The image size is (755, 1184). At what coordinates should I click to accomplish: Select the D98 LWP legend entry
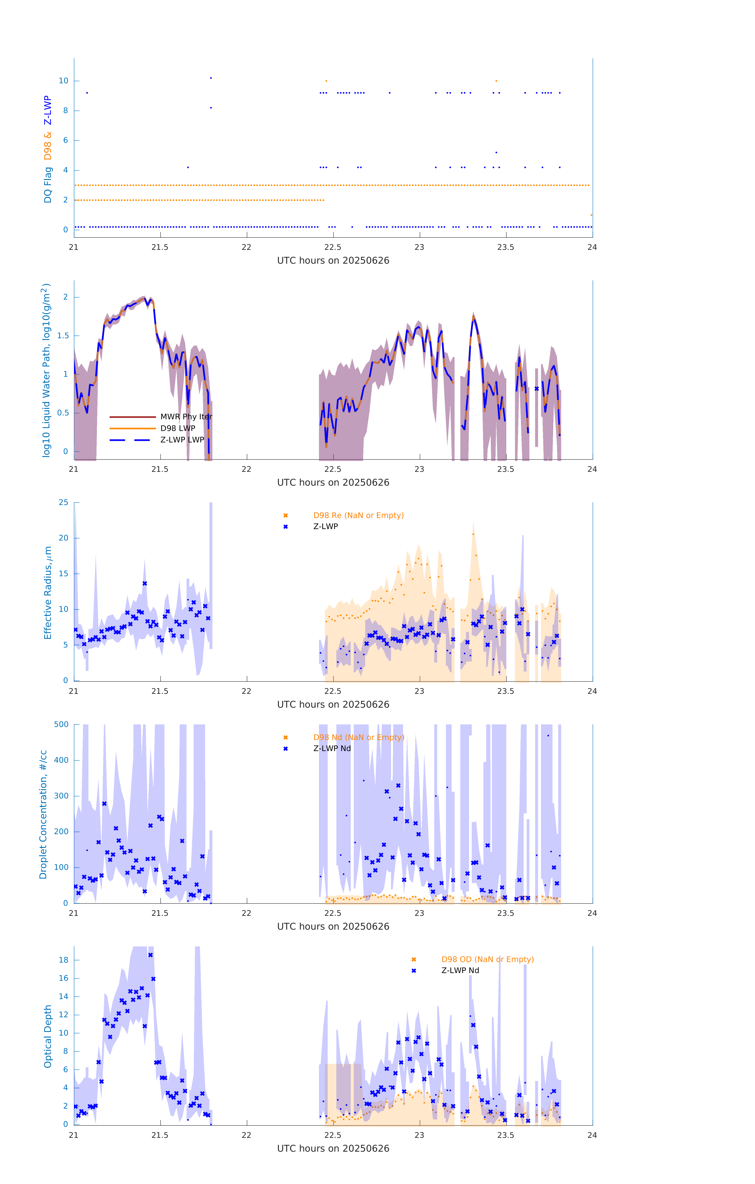click(178, 428)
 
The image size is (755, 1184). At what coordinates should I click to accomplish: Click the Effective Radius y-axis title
click(48, 592)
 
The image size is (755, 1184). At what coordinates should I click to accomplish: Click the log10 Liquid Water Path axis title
click(46, 370)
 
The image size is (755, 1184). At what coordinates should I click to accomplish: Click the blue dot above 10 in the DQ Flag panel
click(211, 78)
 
